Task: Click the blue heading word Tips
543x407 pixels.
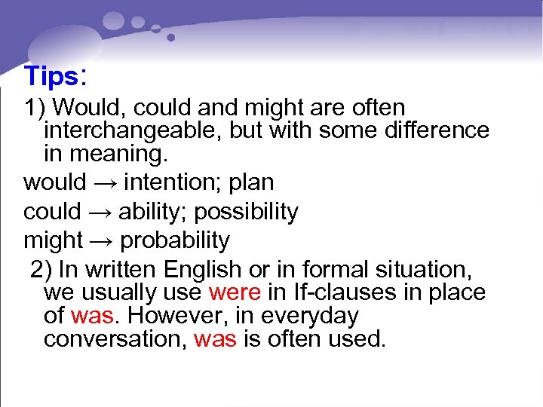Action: pyautogui.click(x=51, y=76)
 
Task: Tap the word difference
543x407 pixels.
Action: pyautogui.click(x=437, y=130)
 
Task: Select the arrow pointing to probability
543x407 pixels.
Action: pyautogui.click(x=101, y=241)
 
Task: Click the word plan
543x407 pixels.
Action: pyautogui.click(x=252, y=183)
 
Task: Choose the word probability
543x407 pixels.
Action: pyautogui.click(x=174, y=241)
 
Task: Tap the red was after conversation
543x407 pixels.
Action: pyautogui.click(x=215, y=339)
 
